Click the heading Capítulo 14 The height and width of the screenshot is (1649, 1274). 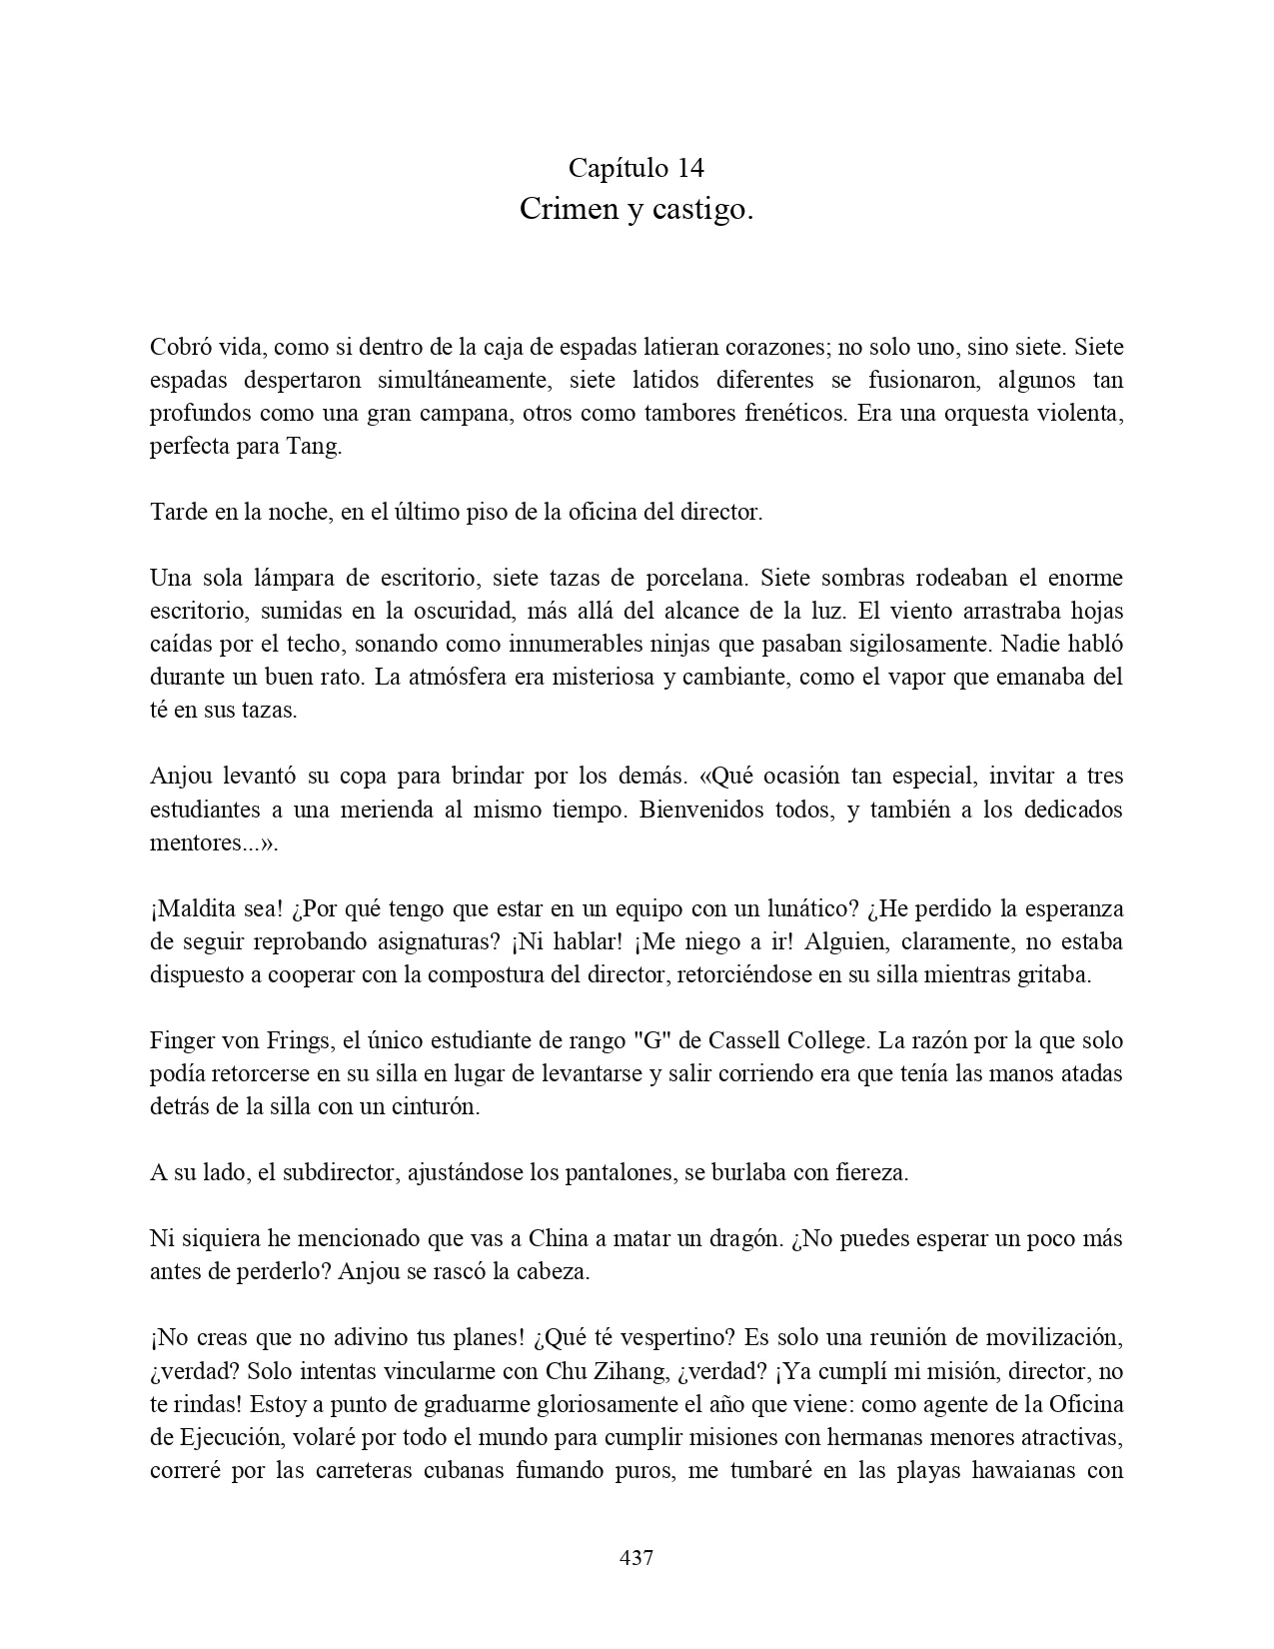pyautogui.click(x=637, y=167)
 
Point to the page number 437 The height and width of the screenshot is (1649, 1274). pyautogui.click(x=637, y=1557)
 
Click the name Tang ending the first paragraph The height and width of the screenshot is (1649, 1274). pyautogui.click(x=317, y=446)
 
